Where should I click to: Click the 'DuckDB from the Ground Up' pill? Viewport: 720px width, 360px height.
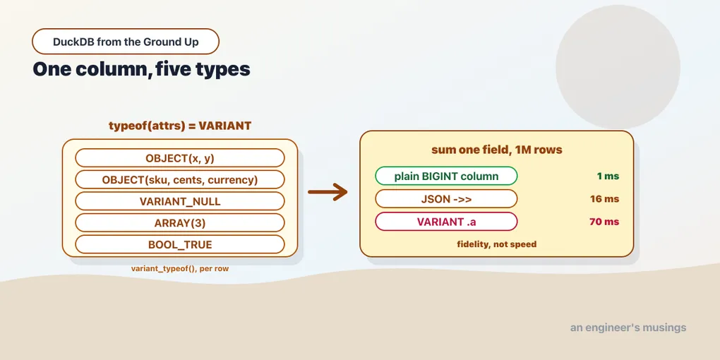126,42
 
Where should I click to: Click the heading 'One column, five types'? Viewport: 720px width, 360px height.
141,69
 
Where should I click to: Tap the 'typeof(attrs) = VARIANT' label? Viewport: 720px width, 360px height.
180,126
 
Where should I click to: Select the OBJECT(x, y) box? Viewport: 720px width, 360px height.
180,158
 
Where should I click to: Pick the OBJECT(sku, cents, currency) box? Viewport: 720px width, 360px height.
180,179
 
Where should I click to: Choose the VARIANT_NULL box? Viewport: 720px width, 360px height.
180,201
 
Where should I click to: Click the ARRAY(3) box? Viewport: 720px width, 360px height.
180,222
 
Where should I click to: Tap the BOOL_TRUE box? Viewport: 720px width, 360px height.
180,244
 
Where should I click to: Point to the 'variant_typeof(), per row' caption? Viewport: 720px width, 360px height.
180,269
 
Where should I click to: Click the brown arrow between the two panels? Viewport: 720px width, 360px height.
328,192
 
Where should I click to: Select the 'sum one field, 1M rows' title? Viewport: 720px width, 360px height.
497,150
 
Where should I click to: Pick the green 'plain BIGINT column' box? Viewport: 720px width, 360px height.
446,176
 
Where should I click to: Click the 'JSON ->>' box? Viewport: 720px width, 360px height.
446,199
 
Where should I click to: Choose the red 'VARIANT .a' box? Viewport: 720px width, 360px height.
446,222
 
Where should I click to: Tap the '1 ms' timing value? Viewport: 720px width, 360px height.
608,176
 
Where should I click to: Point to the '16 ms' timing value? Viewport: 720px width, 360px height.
605,199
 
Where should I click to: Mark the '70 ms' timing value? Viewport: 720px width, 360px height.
604,222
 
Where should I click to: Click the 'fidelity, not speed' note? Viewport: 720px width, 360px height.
497,244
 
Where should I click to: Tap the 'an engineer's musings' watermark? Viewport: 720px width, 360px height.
628,328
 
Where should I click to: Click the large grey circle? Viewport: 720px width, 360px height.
618,67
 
